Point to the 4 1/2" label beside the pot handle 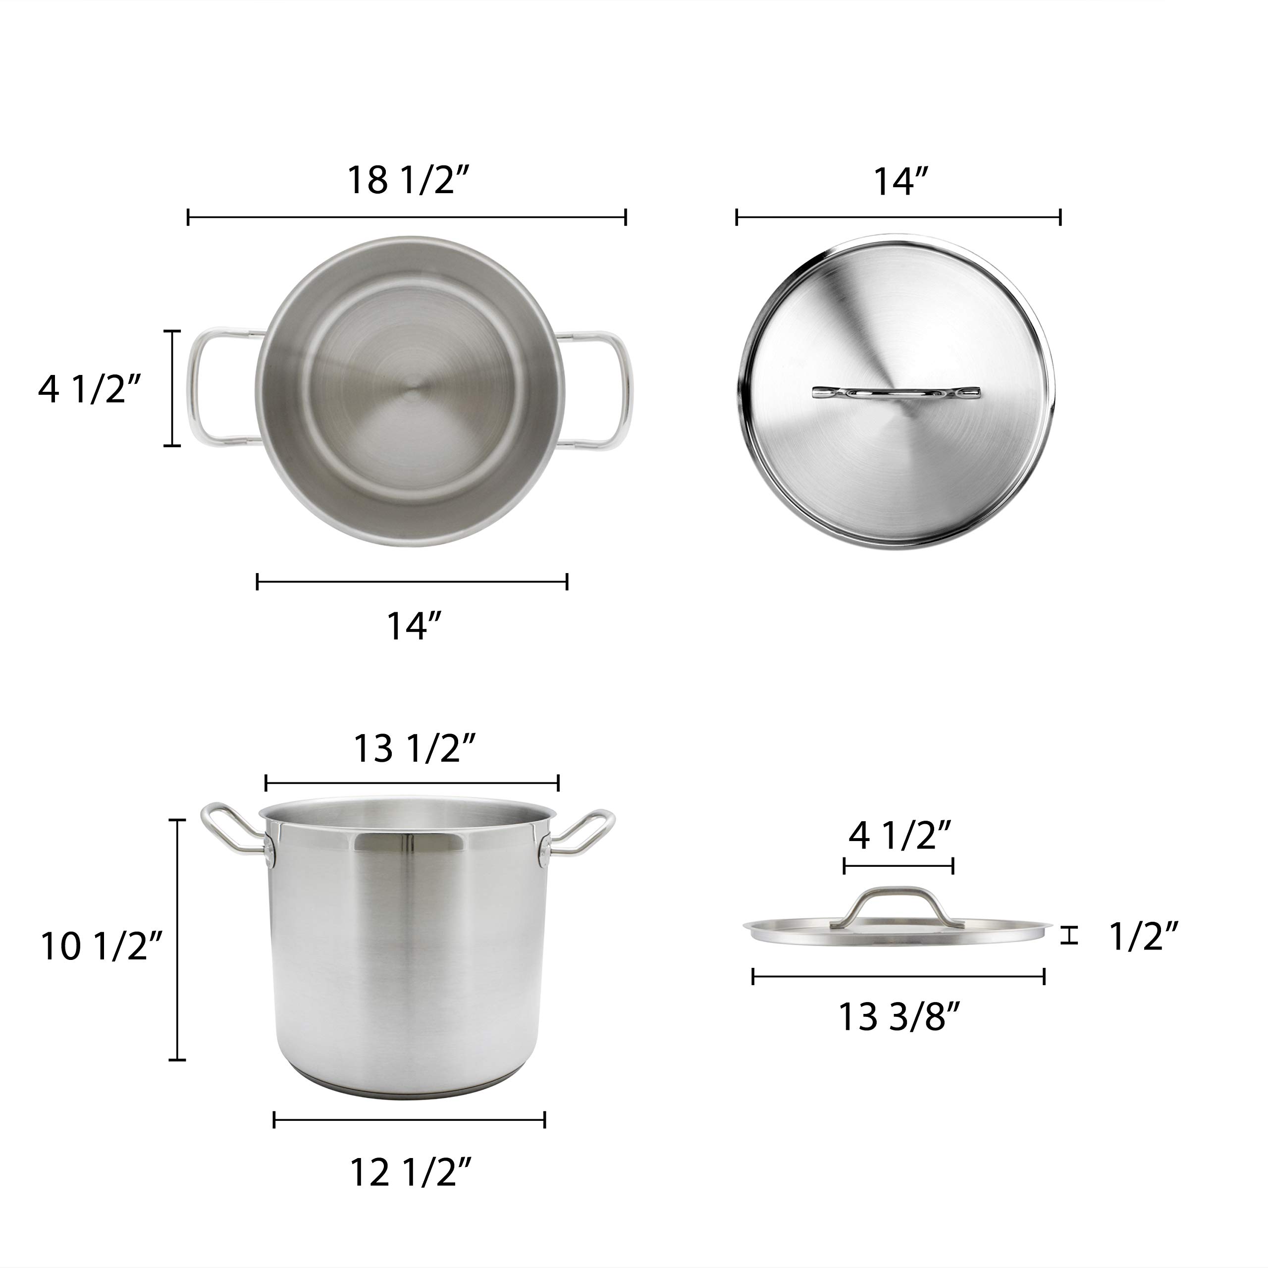(x=90, y=390)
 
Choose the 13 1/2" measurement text (x=414, y=748)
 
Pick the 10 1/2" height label (x=101, y=947)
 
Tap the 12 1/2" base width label (x=410, y=1172)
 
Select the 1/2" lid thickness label (x=1143, y=937)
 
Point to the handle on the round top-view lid (x=897, y=392)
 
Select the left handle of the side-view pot (x=226, y=828)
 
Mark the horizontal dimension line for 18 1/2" (x=407, y=217)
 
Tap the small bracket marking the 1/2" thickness (x=1070, y=935)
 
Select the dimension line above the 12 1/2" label (x=410, y=1120)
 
